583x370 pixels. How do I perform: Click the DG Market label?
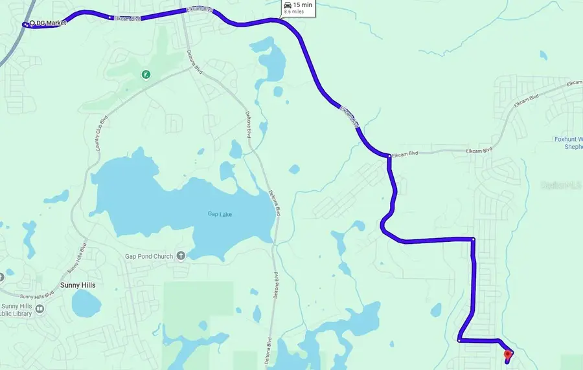[x=51, y=23]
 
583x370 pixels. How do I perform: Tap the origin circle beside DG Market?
[x=31, y=23]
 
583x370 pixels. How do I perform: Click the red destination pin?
[x=508, y=354]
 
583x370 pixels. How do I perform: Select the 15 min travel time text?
[x=302, y=5]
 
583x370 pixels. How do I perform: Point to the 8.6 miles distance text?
[x=293, y=12]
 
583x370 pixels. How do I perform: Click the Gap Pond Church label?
[x=149, y=256]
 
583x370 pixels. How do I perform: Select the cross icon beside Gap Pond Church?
[x=181, y=256]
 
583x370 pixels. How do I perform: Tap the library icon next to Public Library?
[x=40, y=309]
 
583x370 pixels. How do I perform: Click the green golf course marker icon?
[x=147, y=74]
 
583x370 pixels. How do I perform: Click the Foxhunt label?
[x=569, y=139]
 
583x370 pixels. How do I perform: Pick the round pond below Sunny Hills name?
[x=86, y=303]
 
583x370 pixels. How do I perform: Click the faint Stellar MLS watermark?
[x=561, y=185]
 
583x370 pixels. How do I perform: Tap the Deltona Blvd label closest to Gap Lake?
[x=275, y=202]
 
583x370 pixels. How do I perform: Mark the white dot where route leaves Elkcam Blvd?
[x=389, y=156]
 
